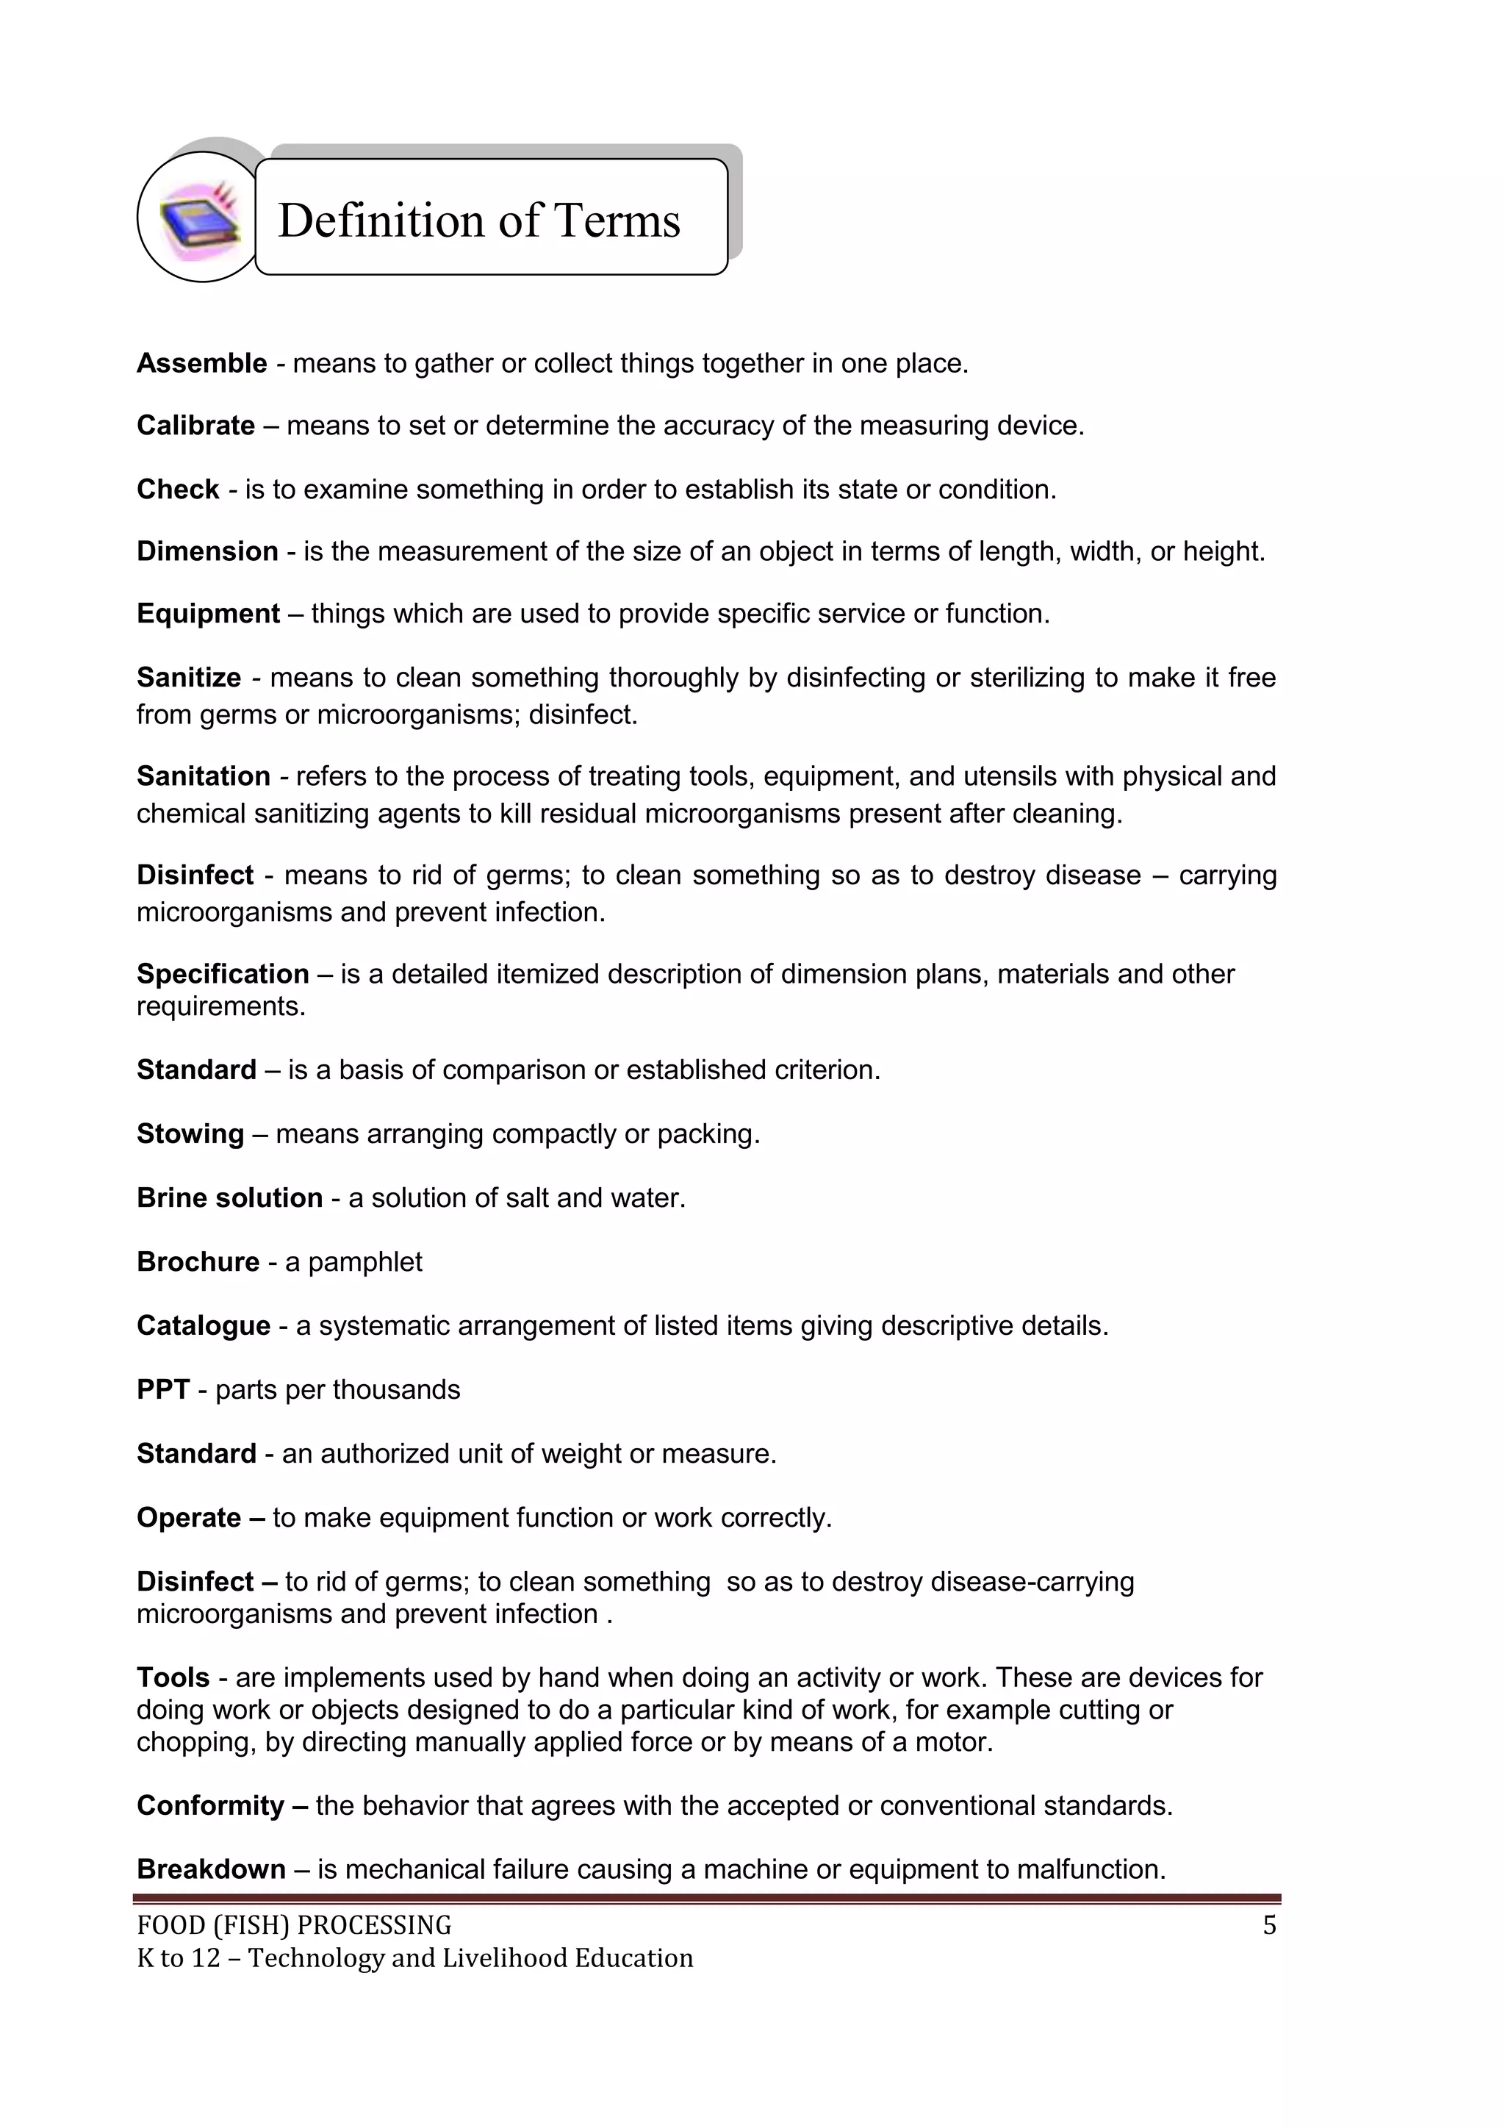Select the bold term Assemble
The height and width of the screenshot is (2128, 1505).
click(202, 363)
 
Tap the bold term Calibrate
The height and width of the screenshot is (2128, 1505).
click(195, 426)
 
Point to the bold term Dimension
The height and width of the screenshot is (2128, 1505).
click(207, 551)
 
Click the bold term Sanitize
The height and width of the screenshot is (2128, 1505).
click(189, 678)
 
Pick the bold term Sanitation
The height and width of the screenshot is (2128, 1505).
click(204, 775)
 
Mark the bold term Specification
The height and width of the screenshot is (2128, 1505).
click(223, 974)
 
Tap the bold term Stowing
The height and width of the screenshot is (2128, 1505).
click(191, 1133)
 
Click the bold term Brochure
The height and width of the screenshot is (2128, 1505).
click(198, 1261)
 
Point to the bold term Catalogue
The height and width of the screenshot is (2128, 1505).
click(204, 1325)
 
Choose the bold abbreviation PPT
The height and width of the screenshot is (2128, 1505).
click(163, 1389)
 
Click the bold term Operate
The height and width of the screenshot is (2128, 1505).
click(189, 1517)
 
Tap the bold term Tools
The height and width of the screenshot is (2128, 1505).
click(173, 1677)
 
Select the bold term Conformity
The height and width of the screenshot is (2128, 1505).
click(210, 1805)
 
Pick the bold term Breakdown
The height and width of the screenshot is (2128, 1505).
click(212, 1869)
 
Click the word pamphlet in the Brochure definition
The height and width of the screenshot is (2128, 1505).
click(365, 1262)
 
